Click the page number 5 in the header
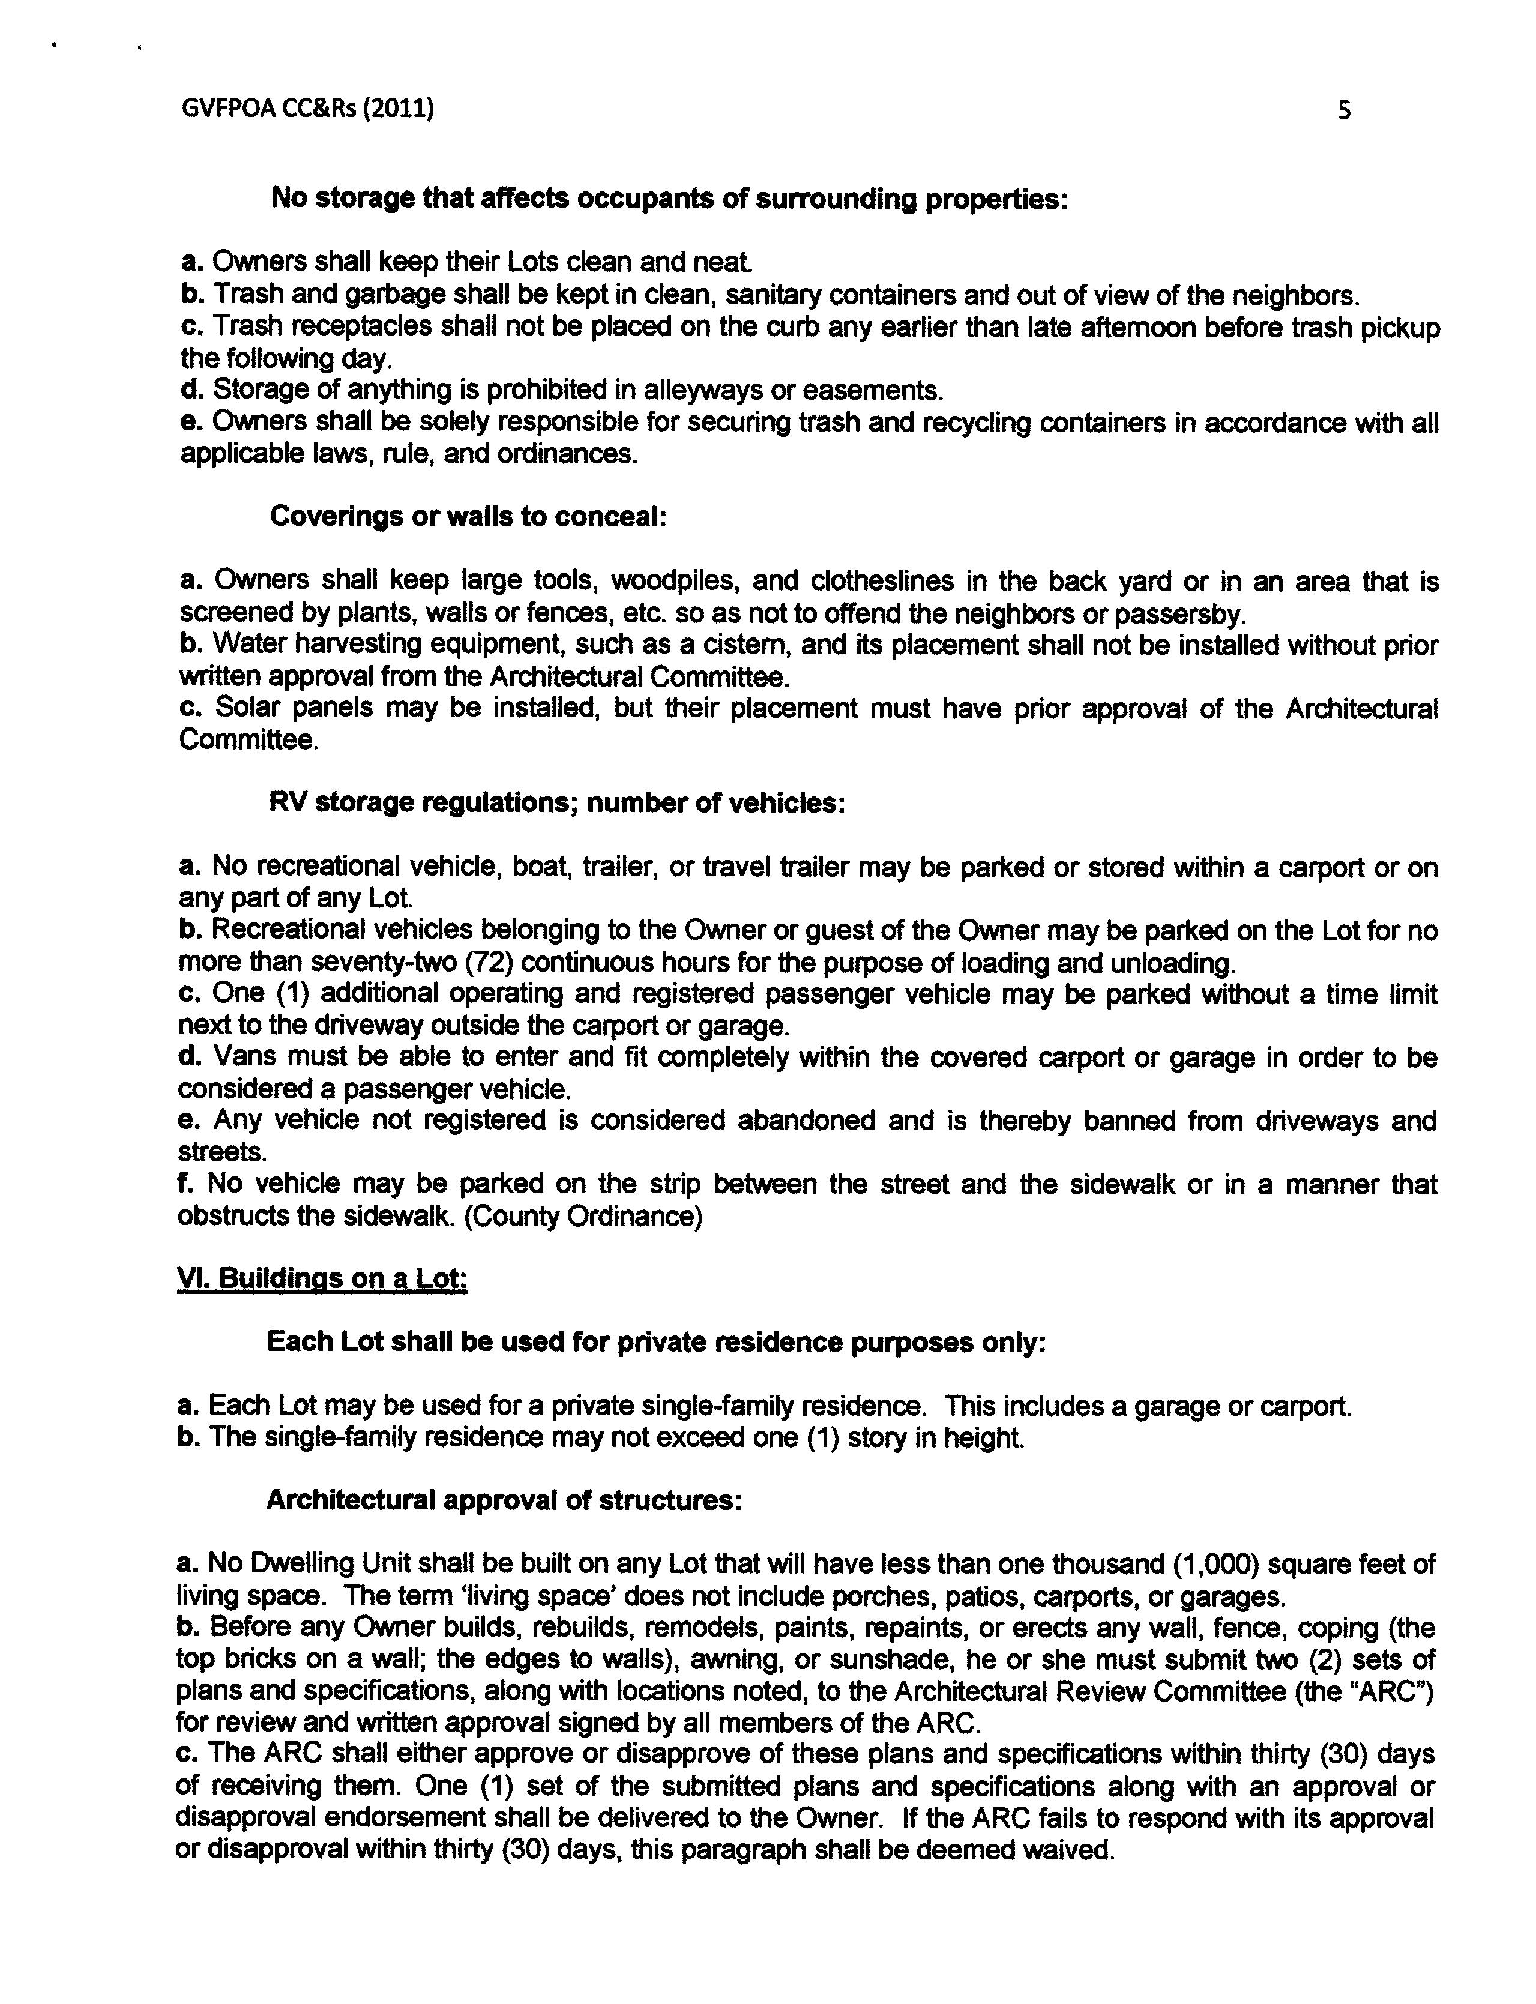[x=1343, y=112]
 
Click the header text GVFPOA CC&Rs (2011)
[x=307, y=109]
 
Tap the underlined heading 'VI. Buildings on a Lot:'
[x=321, y=1278]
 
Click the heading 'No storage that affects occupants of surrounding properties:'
[x=669, y=199]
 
